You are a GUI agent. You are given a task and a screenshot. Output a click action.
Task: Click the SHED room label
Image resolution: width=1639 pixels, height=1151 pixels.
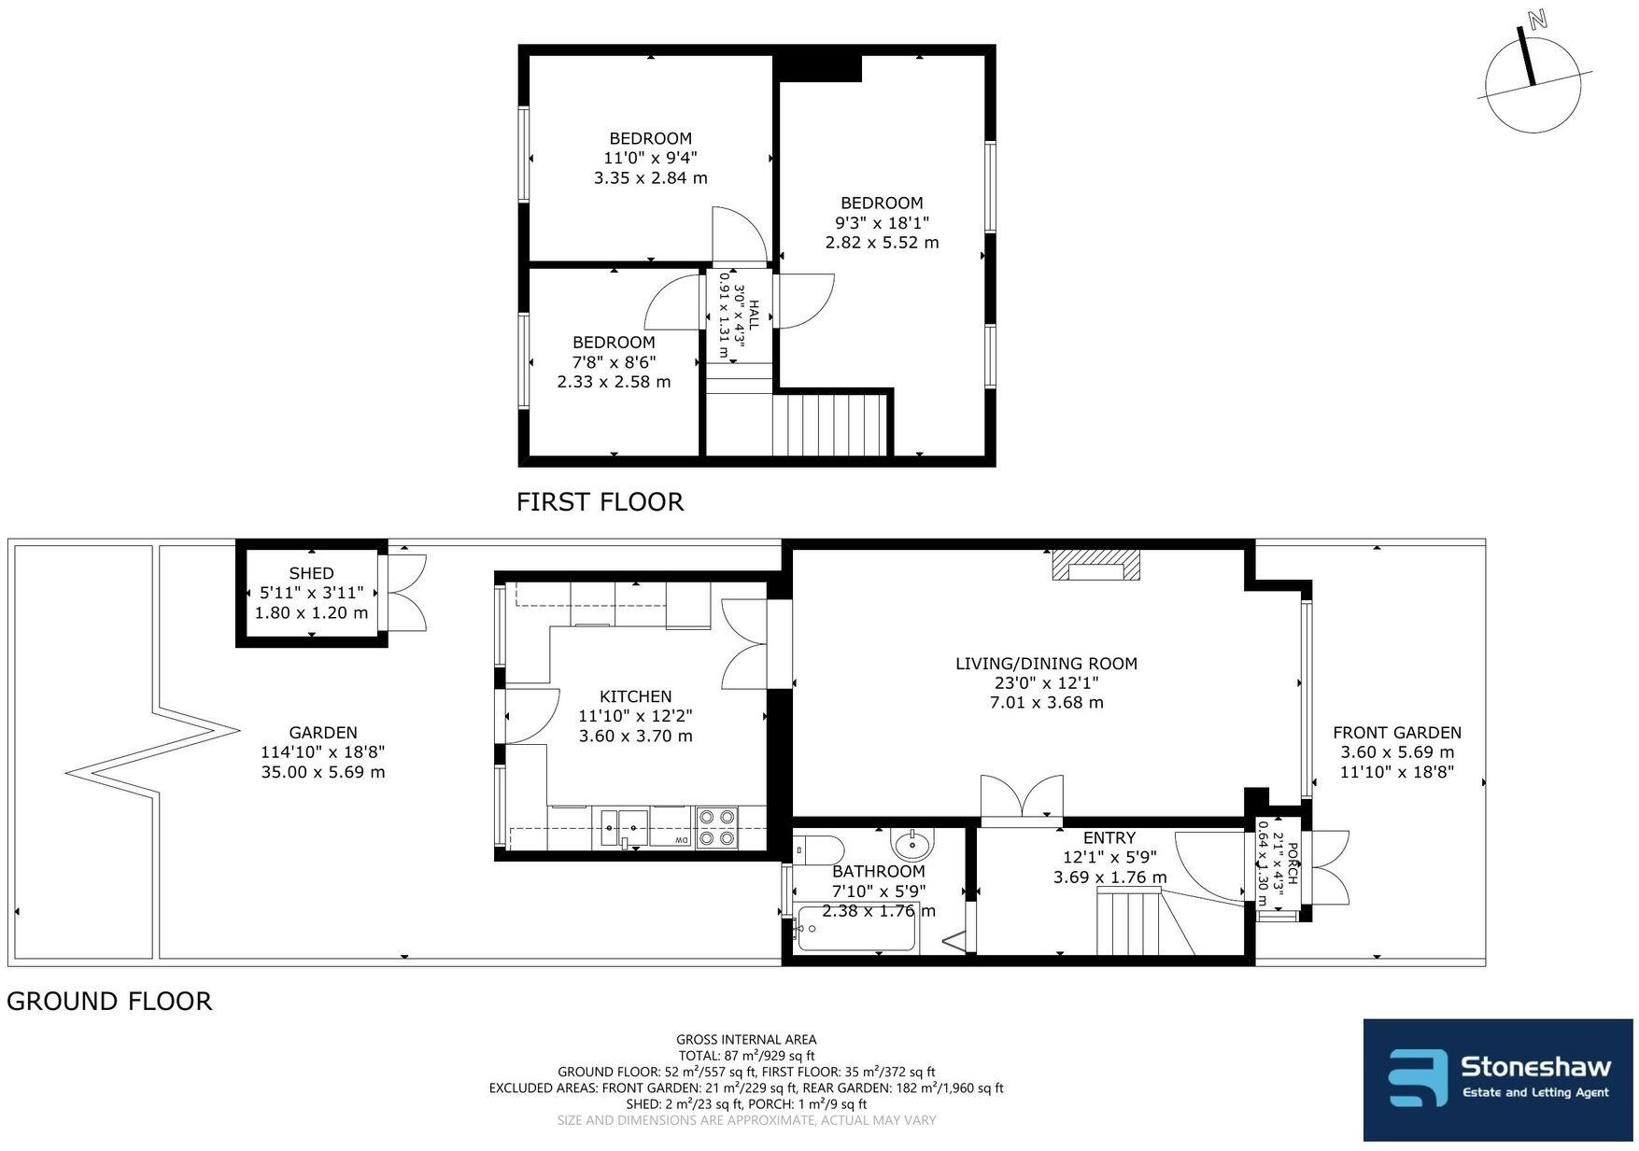click(x=311, y=573)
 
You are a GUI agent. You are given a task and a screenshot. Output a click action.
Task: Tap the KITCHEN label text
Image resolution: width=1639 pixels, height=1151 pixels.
click(x=635, y=696)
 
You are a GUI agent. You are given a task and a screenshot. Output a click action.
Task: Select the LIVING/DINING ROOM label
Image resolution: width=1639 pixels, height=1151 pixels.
click(x=1046, y=664)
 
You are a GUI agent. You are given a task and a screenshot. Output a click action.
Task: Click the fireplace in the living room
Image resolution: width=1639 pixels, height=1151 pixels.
click(x=1096, y=566)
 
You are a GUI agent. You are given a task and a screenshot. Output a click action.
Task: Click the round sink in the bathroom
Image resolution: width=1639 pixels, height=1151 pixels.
click(x=911, y=846)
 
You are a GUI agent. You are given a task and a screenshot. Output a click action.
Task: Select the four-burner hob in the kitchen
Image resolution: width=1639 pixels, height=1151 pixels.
click(x=716, y=827)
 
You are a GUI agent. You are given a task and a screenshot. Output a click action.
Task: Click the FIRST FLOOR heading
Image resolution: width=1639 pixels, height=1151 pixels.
click(x=600, y=502)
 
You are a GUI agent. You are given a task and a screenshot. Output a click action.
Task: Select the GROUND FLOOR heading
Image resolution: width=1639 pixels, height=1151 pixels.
click(x=109, y=1002)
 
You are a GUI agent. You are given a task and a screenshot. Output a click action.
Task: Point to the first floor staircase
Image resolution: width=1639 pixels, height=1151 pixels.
click(x=828, y=425)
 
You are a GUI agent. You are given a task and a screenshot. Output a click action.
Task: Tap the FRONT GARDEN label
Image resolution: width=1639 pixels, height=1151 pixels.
click(x=1396, y=733)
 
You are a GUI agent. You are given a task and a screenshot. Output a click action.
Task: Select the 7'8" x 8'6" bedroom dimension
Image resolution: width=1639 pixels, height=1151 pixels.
click(x=614, y=362)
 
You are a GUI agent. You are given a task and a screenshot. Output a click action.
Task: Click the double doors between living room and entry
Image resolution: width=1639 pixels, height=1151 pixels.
click(x=1021, y=801)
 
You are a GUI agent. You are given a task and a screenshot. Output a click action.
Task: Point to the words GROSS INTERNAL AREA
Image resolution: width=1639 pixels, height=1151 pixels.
click(x=745, y=1039)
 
